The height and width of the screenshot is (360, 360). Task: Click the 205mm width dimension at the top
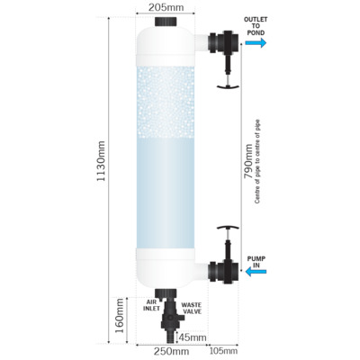point(166,7)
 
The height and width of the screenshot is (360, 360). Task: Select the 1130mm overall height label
point(102,161)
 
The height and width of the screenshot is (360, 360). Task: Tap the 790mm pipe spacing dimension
point(248,161)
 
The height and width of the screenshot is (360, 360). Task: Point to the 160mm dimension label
point(120,316)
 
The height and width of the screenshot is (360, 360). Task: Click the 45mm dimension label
point(193,337)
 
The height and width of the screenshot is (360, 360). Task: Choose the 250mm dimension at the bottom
point(171,351)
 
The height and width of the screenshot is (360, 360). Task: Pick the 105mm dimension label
point(223,351)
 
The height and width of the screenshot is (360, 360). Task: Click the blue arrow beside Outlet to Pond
point(256,42)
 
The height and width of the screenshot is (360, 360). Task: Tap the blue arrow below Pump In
point(256,272)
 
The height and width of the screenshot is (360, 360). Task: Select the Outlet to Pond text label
point(256,26)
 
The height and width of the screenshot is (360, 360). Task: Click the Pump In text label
point(256,262)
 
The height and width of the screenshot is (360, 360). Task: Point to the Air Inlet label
point(151,305)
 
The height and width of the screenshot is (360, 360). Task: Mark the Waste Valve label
point(191,309)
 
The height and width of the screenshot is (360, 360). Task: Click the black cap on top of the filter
point(166,22)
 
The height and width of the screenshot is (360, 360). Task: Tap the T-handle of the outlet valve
point(228,86)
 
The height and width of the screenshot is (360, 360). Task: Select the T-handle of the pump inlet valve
point(228,228)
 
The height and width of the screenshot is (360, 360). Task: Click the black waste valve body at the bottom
point(170,319)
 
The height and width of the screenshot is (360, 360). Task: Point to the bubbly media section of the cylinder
point(166,102)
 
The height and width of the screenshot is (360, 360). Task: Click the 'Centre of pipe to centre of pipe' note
point(257,162)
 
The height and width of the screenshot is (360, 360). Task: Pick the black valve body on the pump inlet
point(224,272)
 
